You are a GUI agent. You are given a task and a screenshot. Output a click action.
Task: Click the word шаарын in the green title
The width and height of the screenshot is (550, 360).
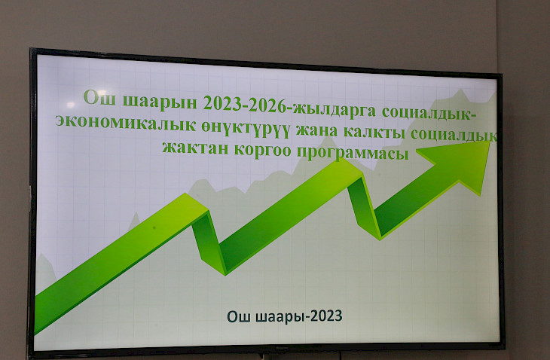click(160, 102)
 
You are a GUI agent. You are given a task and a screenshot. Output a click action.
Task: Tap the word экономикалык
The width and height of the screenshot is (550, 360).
click(126, 124)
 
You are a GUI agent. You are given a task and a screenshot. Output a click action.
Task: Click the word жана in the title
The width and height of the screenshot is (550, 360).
click(316, 131)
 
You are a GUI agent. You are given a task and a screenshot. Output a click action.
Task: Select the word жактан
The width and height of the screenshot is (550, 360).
click(195, 148)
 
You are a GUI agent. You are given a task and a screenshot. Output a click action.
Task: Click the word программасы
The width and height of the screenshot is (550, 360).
click(353, 154)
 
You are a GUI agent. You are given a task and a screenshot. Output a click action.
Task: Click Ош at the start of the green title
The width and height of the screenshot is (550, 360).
click(100, 97)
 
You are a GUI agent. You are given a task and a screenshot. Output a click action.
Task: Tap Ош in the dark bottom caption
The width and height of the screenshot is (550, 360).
click(240, 316)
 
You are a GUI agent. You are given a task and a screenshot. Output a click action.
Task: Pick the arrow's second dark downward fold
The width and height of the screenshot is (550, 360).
click(365, 208)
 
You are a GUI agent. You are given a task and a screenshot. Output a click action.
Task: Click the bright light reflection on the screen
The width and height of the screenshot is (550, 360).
click(71, 105)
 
